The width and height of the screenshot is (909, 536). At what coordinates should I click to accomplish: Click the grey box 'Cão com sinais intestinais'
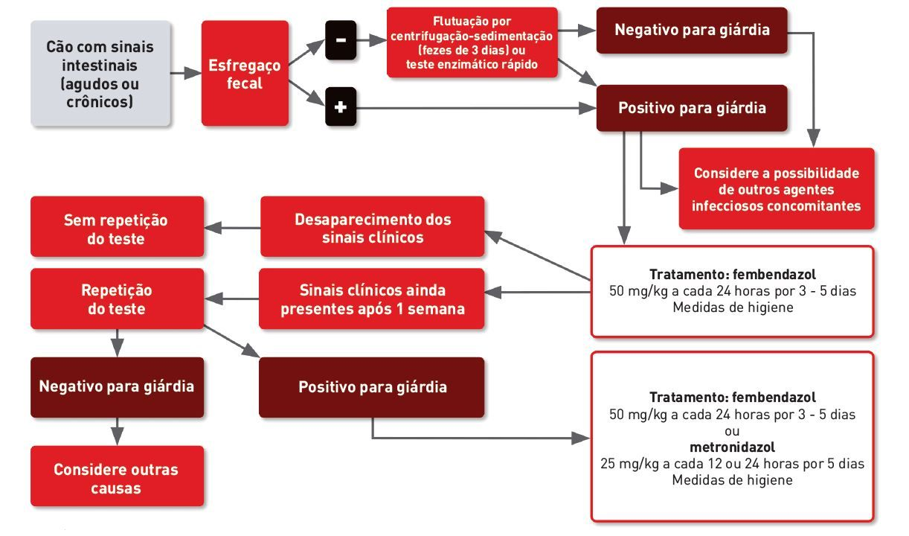100,73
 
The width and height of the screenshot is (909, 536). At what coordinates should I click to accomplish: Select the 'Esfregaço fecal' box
245,73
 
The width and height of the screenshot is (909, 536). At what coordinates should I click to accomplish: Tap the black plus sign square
341,108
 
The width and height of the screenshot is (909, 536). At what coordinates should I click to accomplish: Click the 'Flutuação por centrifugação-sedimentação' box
472,42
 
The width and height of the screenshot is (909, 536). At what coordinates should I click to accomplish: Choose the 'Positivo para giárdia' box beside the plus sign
692,108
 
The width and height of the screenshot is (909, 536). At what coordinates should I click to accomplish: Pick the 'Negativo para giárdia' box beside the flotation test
692,31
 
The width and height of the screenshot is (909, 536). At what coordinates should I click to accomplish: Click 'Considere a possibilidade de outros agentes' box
776,188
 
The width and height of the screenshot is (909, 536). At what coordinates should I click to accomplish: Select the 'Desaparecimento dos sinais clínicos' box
373,227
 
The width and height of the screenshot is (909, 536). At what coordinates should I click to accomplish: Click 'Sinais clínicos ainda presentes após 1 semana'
372,299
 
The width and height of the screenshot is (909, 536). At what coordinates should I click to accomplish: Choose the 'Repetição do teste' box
116,299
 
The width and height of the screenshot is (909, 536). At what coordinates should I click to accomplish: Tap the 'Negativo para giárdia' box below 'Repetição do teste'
116,387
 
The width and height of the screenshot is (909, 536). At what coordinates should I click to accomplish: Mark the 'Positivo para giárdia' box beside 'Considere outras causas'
372,387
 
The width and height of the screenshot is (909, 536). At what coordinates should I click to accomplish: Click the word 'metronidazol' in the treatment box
732,447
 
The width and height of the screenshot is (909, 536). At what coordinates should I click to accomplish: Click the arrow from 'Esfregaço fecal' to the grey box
186,73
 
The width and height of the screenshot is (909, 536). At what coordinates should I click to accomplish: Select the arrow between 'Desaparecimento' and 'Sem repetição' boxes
232,227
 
